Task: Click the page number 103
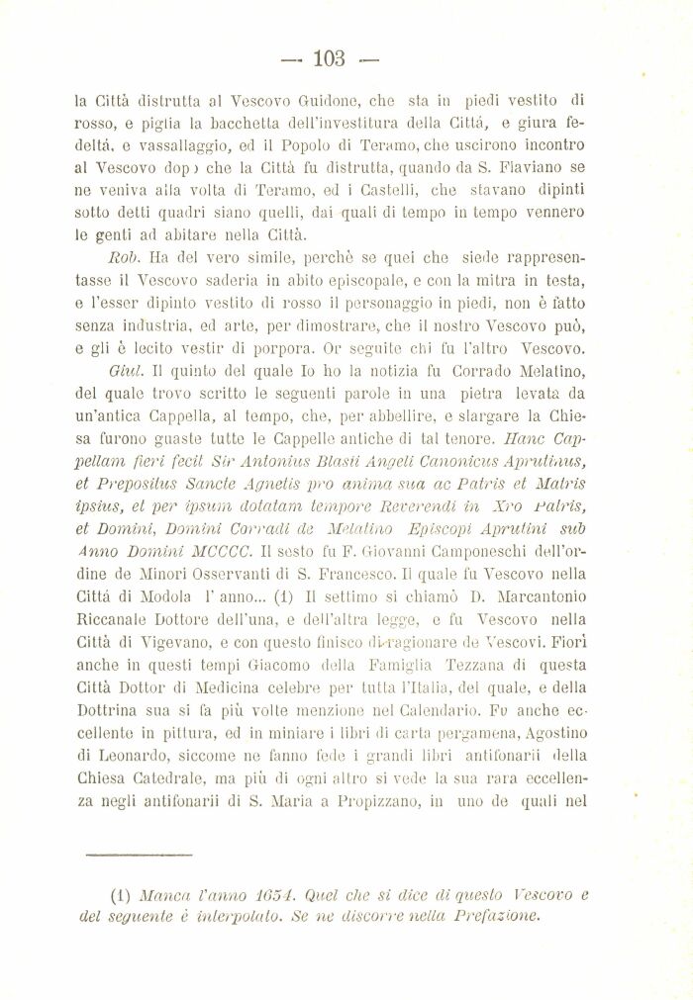tap(328, 58)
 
